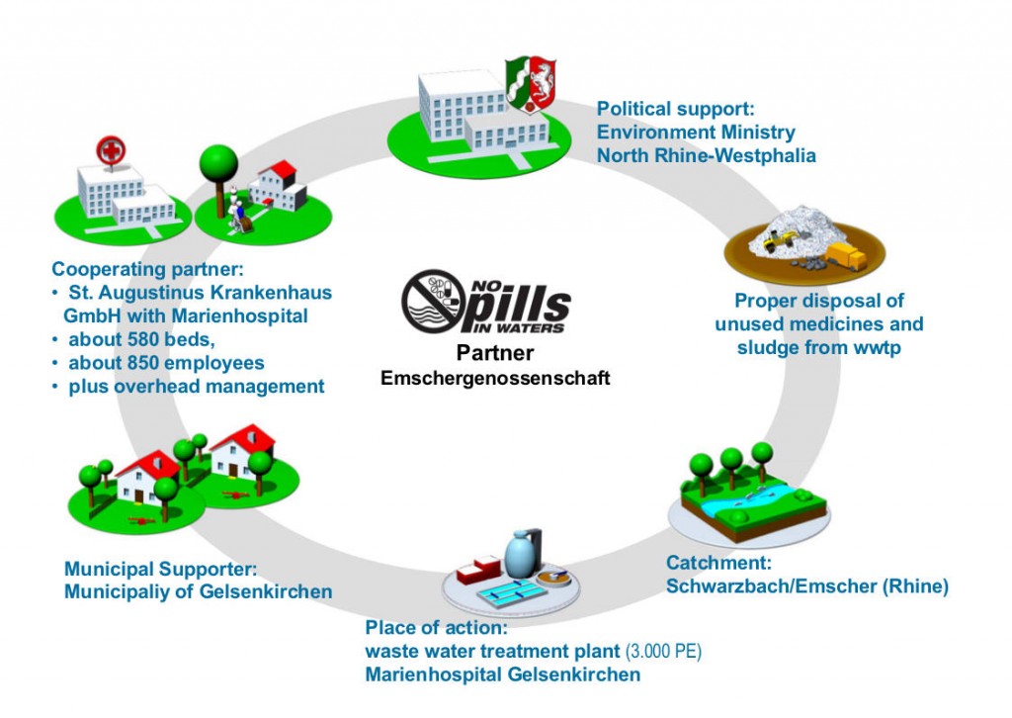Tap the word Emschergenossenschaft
click(496, 377)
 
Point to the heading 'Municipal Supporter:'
click(160, 569)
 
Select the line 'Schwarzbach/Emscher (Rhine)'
click(806, 586)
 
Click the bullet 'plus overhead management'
click(196, 387)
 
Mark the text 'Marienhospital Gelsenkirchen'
click(502, 674)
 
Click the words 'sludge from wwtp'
click(818, 348)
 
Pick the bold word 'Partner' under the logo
click(496, 354)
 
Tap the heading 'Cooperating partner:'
click(147, 269)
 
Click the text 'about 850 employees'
click(166, 363)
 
